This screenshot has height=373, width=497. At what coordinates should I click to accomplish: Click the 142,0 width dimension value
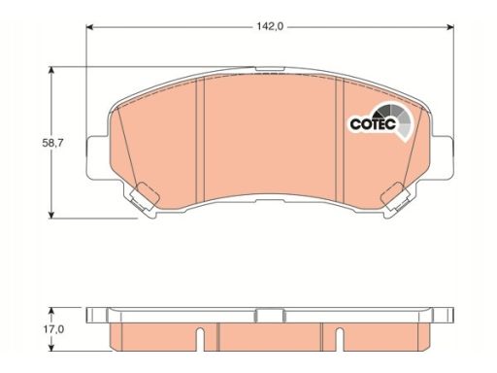click(x=270, y=26)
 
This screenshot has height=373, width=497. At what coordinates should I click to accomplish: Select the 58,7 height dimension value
click(x=52, y=143)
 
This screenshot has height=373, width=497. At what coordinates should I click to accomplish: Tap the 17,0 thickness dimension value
click(x=53, y=329)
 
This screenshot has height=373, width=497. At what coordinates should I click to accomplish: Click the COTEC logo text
click(x=373, y=123)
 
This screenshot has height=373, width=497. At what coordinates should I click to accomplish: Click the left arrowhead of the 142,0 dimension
click(x=89, y=27)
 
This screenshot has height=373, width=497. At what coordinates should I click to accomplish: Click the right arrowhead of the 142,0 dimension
click(x=449, y=27)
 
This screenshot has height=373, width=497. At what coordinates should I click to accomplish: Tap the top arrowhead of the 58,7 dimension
click(x=51, y=70)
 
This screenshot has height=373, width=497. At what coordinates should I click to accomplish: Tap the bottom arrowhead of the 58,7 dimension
click(x=51, y=215)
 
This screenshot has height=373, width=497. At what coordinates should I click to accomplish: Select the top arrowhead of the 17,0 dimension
click(x=50, y=311)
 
